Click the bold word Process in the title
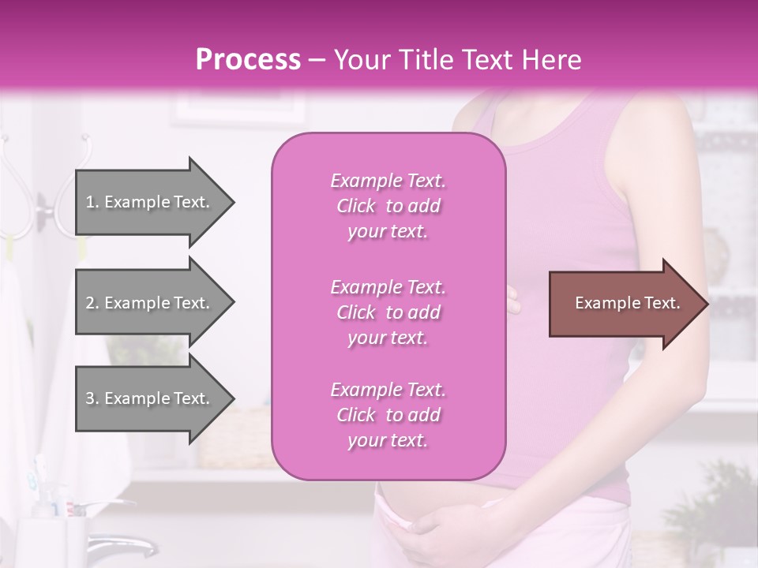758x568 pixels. (x=248, y=60)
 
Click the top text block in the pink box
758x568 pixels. (x=388, y=206)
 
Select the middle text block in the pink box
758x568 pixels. (x=388, y=312)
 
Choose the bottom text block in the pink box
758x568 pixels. (x=388, y=415)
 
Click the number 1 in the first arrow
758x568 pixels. (x=90, y=202)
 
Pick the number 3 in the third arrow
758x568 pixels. (x=90, y=398)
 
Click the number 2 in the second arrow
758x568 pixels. (x=90, y=303)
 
